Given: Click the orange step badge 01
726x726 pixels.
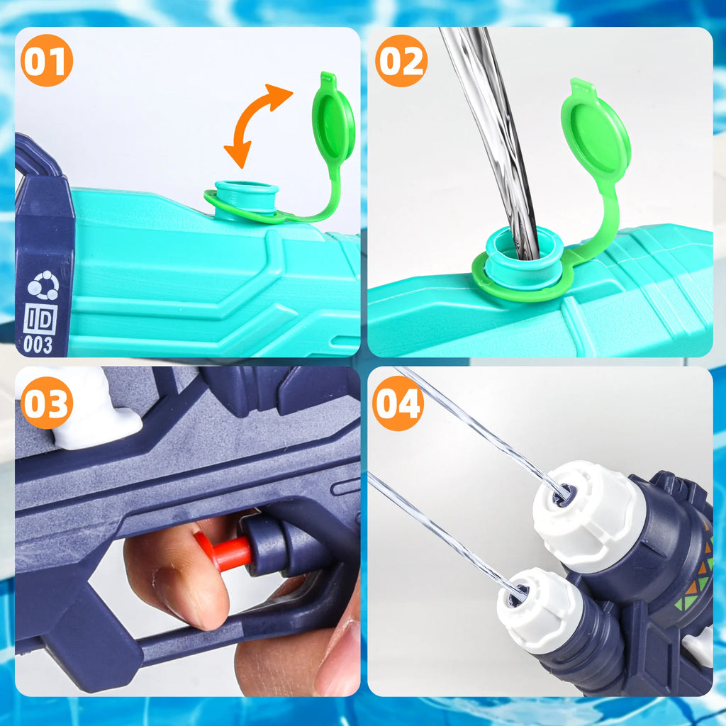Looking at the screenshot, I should click(x=47, y=60).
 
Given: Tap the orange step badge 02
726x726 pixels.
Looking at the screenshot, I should click(x=401, y=60).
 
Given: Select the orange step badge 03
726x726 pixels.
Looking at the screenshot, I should click(x=47, y=403).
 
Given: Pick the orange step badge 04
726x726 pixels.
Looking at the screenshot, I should click(x=398, y=403).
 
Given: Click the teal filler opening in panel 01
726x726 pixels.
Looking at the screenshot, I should click(x=246, y=194).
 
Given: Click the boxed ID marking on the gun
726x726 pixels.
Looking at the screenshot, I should click(x=40, y=318).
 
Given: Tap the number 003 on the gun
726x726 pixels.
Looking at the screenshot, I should click(x=38, y=345).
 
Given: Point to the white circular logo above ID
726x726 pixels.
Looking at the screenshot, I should click(x=43, y=285).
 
